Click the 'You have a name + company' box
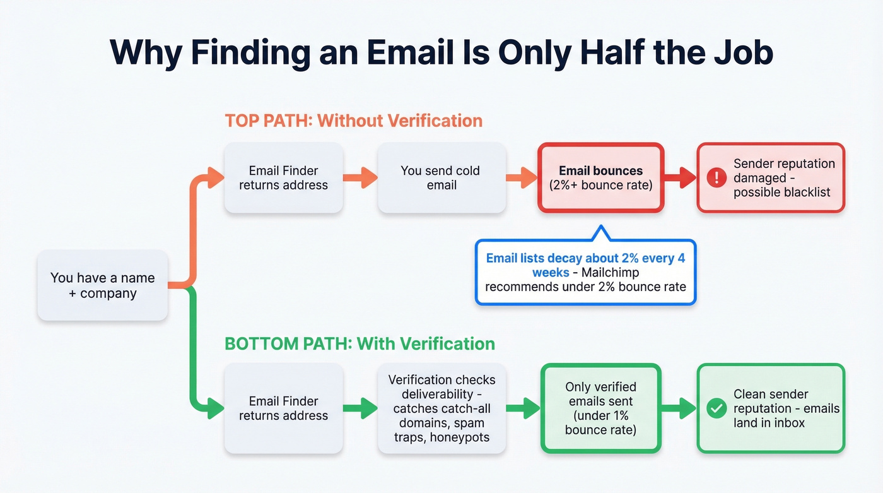tap(102, 285)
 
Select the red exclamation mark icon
tap(716, 178)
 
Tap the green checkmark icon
tap(716, 408)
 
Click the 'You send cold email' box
tap(441, 178)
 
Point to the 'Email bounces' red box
tap(600, 178)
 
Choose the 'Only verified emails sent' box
tap(600, 408)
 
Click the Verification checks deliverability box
tap(441, 408)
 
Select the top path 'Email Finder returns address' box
tap(283, 178)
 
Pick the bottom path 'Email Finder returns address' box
tap(283, 408)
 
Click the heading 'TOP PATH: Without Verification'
tap(353, 121)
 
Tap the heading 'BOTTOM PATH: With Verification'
tap(360, 344)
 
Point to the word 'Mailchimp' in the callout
tap(611, 273)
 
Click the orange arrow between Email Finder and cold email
tap(360, 178)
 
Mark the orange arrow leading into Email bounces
tap(521, 178)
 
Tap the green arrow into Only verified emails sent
tap(523, 408)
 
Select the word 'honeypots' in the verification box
tap(459, 437)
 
